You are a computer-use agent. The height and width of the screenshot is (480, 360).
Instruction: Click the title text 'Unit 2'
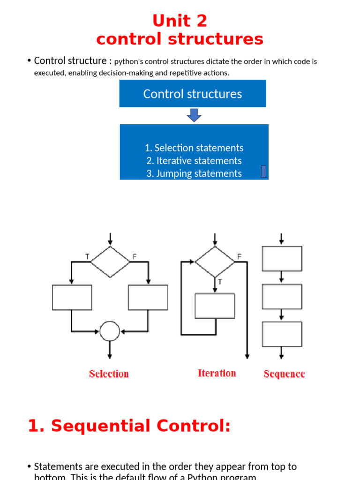coord(180,21)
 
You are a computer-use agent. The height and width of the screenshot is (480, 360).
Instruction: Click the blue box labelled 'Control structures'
coord(193,94)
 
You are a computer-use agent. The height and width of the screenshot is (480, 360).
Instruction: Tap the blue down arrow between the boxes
coord(194,115)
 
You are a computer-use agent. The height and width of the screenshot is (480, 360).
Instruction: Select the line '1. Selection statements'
coord(194,148)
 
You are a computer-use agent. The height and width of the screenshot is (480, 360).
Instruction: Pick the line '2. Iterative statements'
coord(194,161)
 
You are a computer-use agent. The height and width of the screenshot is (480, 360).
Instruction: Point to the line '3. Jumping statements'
coord(194,173)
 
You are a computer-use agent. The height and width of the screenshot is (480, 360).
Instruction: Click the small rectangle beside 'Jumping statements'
coord(263,172)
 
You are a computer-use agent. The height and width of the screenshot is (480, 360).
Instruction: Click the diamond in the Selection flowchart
coord(110,261)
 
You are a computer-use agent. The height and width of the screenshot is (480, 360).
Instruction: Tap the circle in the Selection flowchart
coord(110,331)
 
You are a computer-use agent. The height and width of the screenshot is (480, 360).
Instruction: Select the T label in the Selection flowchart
coord(87,256)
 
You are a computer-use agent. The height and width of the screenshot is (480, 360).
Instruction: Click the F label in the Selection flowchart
coord(135,256)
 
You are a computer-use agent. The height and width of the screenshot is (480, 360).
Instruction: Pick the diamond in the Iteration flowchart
coord(215,261)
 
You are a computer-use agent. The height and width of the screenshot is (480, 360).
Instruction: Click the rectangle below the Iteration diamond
coord(215,306)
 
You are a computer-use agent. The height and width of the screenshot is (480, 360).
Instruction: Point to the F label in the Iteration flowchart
coord(240,256)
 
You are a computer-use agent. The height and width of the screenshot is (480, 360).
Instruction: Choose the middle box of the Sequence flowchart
coord(282,296)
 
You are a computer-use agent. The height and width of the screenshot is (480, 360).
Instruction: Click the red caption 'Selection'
coord(109,374)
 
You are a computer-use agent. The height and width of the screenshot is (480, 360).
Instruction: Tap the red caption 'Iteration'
coord(217,373)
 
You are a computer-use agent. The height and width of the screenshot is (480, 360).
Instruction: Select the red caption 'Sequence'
coord(284,374)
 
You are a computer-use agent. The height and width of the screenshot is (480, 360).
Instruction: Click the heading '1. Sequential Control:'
coord(129,426)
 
